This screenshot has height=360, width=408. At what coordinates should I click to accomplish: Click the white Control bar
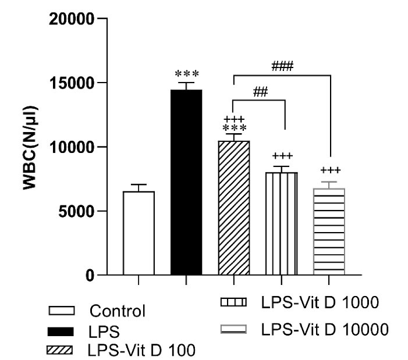pyautogui.click(x=139, y=233)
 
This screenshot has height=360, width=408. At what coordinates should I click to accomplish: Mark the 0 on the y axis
pyautogui.click(x=91, y=275)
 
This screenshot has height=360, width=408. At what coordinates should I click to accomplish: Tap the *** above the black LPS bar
pyautogui.click(x=187, y=74)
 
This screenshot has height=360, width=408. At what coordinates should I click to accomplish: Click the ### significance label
pyautogui.click(x=281, y=66)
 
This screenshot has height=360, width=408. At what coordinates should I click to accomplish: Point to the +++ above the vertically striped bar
pyautogui.click(x=282, y=156)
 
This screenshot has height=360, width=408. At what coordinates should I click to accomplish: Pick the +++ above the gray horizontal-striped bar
pyautogui.click(x=329, y=170)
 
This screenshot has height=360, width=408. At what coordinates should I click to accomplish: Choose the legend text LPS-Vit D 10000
pyautogui.click(x=324, y=329)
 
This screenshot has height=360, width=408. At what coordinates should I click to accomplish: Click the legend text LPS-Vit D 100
pyautogui.click(x=141, y=350)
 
